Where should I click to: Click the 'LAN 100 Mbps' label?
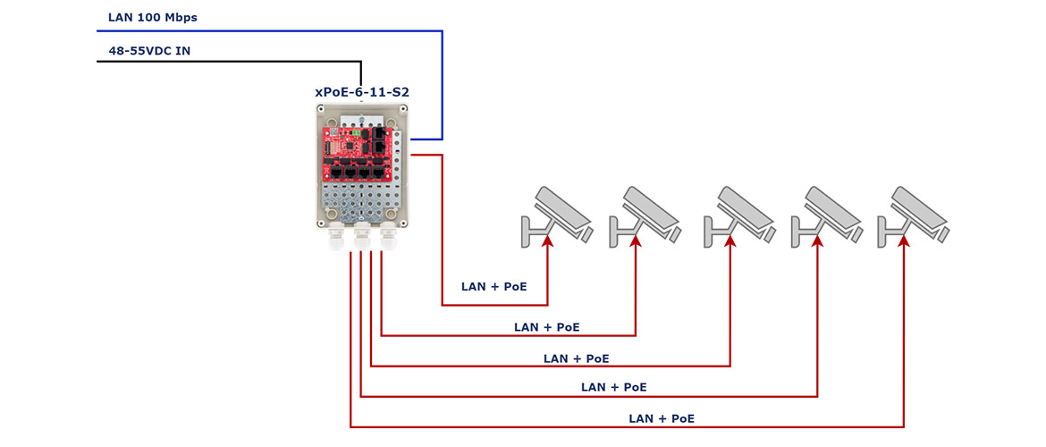coord(153,18)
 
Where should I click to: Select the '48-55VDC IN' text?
coord(149,50)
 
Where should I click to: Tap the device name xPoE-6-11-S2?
coord(361,92)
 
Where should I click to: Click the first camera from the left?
coord(556,215)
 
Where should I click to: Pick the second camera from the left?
coord(644,215)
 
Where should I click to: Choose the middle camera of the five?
coord(738,215)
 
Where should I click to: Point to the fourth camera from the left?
coord(826,215)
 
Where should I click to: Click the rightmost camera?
coord(914,215)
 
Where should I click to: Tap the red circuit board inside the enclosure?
coord(356,154)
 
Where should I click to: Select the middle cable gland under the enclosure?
coord(362,238)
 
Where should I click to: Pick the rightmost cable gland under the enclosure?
coord(388,238)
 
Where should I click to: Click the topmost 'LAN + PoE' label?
coord(494,287)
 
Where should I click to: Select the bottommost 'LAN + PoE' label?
coord(662,419)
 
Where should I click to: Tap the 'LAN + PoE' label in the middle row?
coord(577,358)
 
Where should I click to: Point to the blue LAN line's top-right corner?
coord(443,30)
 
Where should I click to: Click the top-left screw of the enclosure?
coord(321,109)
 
